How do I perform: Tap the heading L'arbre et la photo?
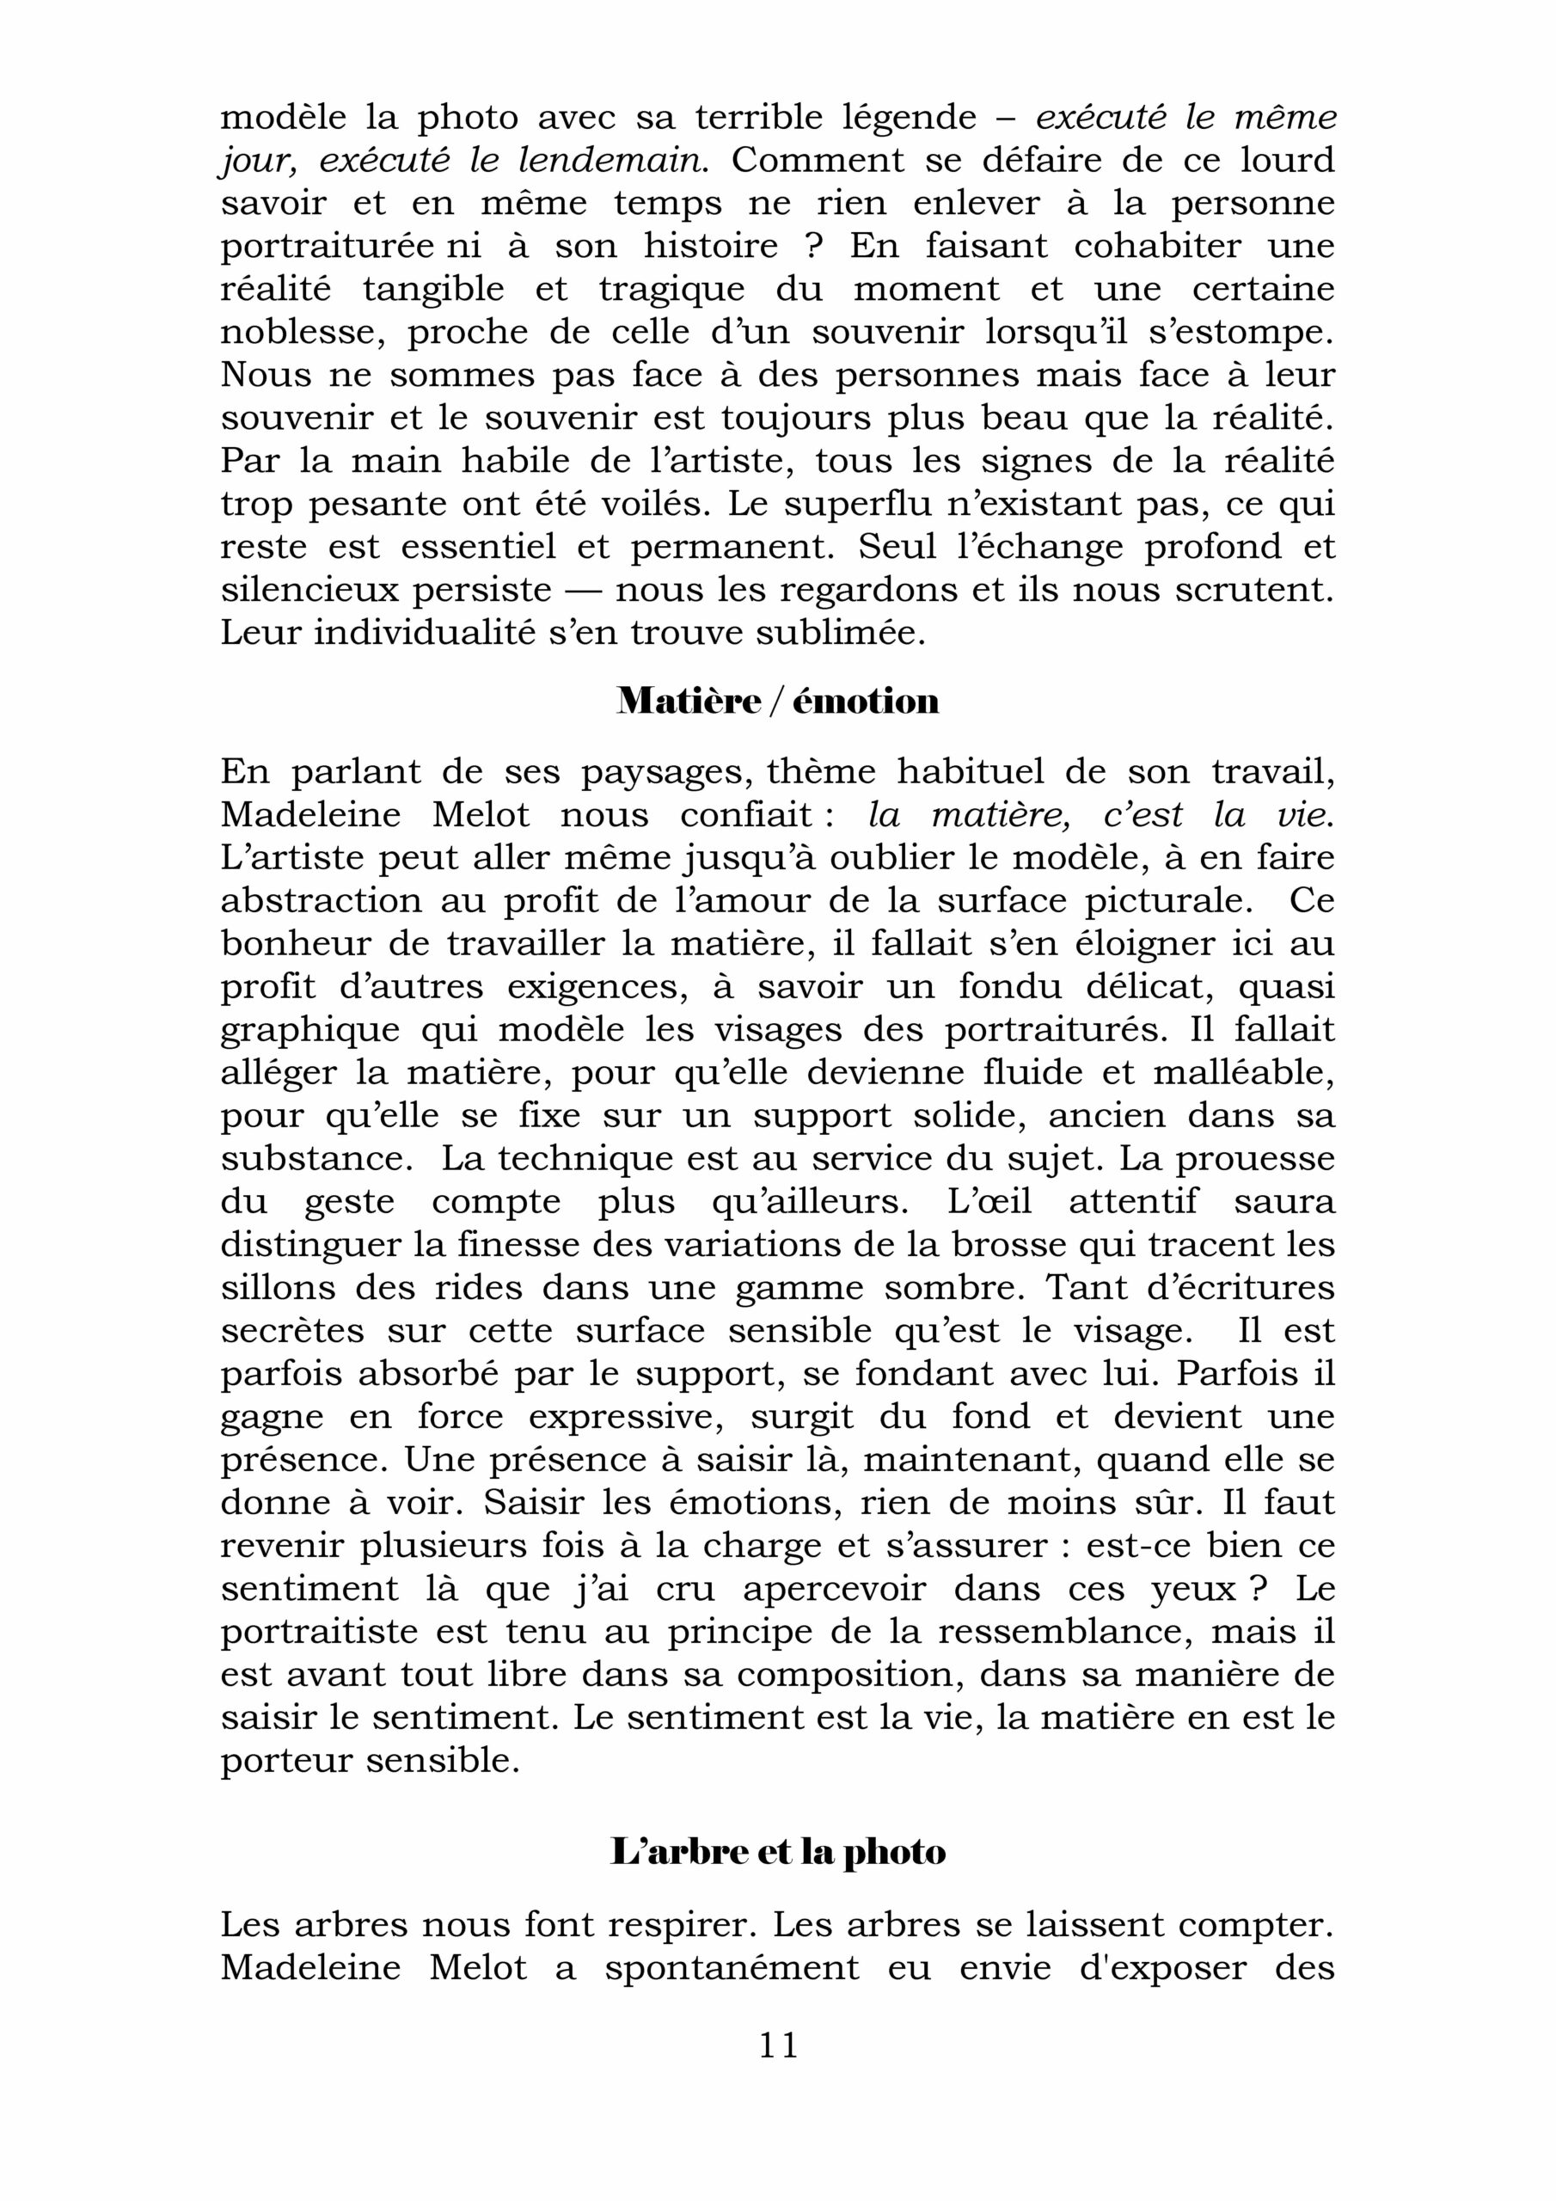pyautogui.click(x=777, y=1852)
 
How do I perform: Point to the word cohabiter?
pyautogui.click(x=1158, y=247)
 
